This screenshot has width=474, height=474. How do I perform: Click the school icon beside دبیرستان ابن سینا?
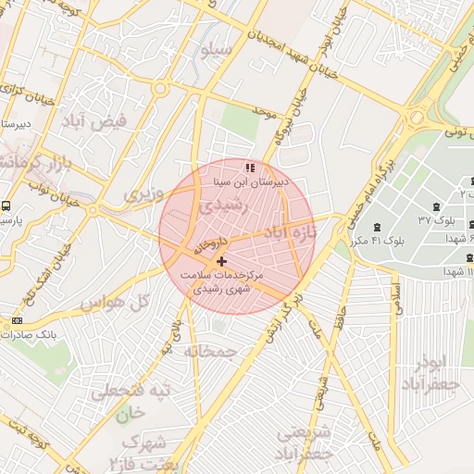(x=248, y=168)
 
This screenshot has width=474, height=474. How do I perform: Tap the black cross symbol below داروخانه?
(x=220, y=262)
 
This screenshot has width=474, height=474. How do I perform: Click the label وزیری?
(x=143, y=194)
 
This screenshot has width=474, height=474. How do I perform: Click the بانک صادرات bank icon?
(x=17, y=320)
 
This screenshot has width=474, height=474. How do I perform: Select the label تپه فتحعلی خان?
(x=130, y=402)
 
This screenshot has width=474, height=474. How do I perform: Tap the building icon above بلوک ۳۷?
(x=435, y=206)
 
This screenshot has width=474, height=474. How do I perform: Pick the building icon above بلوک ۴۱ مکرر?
(x=376, y=227)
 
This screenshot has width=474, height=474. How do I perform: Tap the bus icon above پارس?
(x=6, y=206)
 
